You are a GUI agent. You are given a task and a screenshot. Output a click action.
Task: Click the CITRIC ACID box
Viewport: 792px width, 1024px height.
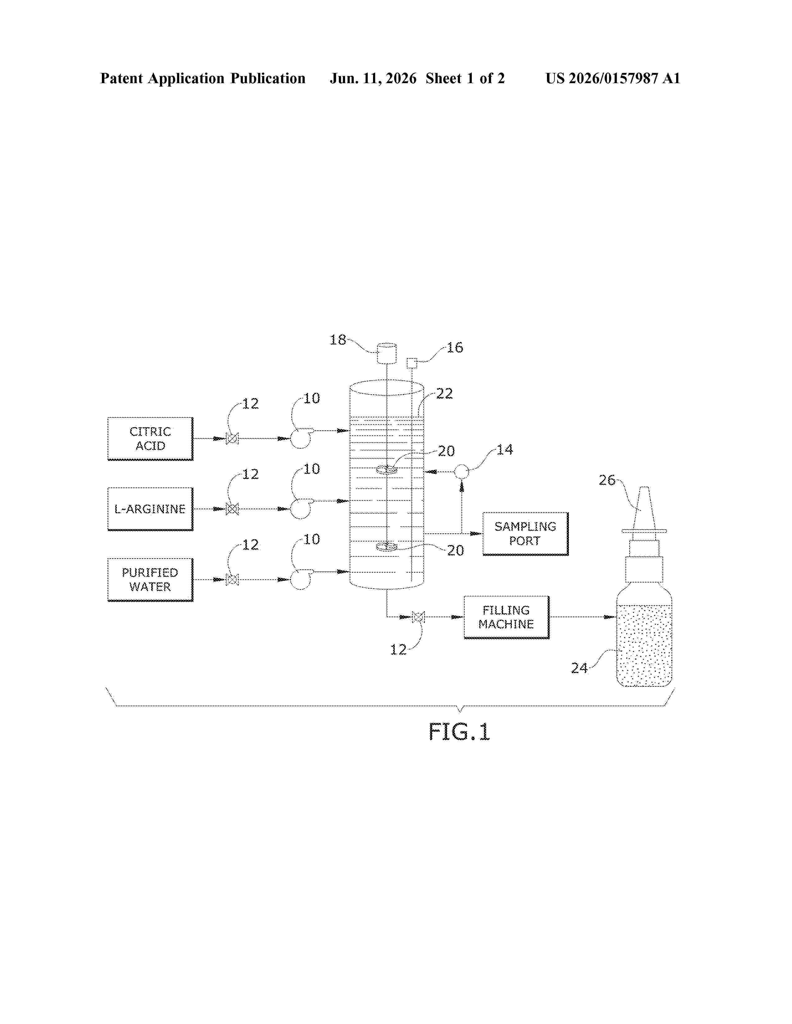[150, 438]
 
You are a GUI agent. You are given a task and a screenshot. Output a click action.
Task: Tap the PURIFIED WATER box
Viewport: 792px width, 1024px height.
[150, 580]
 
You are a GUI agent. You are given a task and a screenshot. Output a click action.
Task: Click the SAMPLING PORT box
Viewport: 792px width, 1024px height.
[526, 534]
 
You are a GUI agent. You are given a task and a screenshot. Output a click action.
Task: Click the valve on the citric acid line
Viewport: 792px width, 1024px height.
[232, 439]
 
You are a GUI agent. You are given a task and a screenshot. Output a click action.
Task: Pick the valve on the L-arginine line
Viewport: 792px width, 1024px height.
[232, 509]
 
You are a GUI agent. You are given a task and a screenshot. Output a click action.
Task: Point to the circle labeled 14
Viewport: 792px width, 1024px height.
[462, 471]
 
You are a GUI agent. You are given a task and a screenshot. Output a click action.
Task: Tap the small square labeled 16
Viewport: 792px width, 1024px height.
[412, 363]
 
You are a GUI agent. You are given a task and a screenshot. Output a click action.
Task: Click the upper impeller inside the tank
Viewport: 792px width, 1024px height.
[387, 469]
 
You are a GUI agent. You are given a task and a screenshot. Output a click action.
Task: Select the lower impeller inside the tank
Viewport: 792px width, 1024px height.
[387, 546]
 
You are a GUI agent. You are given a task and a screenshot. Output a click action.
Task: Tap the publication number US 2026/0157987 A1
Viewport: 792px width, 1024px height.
[613, 78]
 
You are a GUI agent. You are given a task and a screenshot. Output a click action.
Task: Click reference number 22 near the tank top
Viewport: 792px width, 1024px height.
[444, 393]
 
